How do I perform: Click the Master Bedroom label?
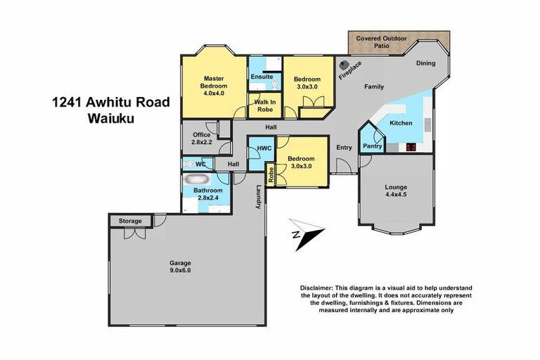(214, 82)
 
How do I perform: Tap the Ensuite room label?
(262, 77)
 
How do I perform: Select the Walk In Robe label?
(264, 105)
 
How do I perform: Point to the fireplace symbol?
(344, 64)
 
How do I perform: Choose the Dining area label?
(425, 63)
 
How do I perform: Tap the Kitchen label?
(401, 123)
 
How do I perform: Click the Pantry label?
(372, 146)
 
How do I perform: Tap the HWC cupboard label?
(264, 148)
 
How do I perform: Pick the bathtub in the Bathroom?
(198, 179)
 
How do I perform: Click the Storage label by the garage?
(129, 221)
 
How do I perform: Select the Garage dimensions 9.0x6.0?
(180, 270)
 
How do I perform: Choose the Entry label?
(344, 148)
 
